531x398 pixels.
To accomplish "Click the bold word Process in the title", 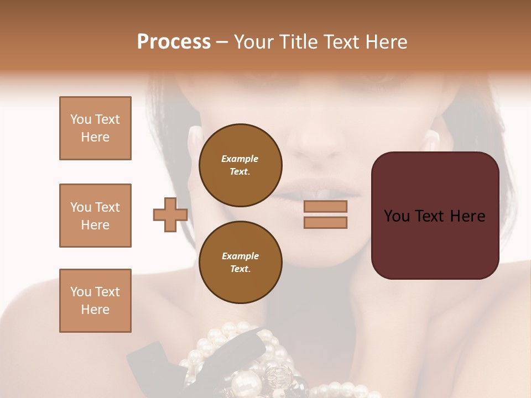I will coord(174,42).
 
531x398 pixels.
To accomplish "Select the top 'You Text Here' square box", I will coord(95,128).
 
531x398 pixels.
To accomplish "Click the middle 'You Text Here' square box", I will coord(95,216).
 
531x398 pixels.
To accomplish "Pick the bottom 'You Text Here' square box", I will coord(95,301).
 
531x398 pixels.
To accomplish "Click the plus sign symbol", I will coord(170,214).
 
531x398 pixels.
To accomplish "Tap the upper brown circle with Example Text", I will coord(240,165).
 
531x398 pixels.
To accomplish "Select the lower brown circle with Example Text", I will coord(240,262).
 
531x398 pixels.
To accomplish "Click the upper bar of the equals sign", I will coord(325,207).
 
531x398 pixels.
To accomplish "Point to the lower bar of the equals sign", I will coord(325,223).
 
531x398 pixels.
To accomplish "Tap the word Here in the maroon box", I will coord(467,216).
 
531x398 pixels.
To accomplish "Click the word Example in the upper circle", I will coord(240,159).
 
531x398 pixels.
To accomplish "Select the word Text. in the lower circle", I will coord(240,269).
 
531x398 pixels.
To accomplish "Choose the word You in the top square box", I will coord(81,119).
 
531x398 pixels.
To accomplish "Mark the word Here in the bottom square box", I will coord(95,310).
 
